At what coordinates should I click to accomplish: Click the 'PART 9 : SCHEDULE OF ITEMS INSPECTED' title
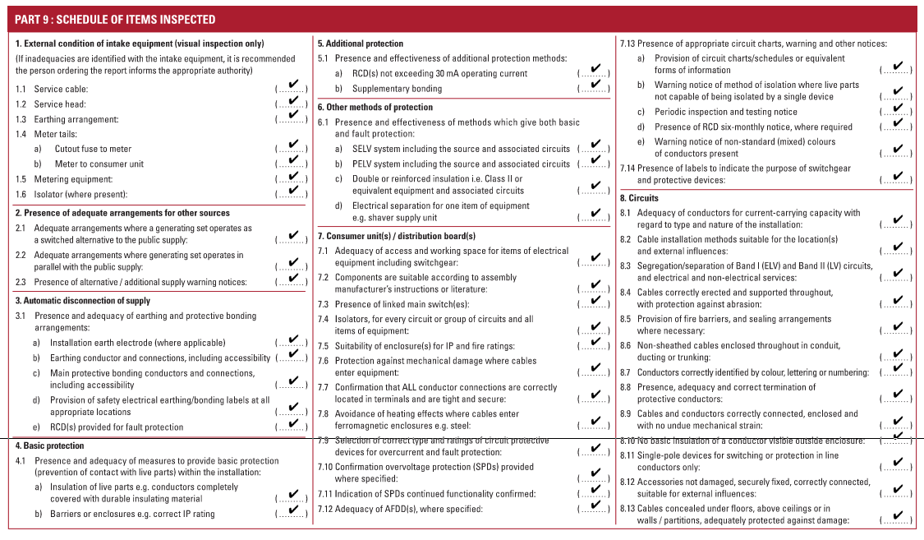tap(116, 19)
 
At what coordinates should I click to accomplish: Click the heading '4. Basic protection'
tap(49, 445)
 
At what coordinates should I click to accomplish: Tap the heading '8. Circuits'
tap(639, 198)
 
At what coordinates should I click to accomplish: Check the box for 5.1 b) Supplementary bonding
tap(595, 85)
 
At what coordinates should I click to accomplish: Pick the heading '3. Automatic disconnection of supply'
tap(83, 301)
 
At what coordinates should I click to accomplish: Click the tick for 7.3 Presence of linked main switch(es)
tap(595, 302)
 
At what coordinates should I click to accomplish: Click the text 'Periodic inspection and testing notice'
tap(714, 112)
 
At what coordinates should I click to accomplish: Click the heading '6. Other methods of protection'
tap(375, 107)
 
